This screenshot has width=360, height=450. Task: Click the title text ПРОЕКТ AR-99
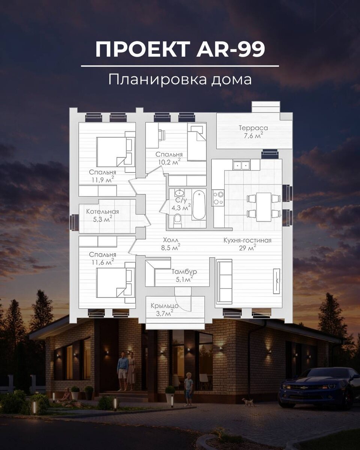tap(180, 49)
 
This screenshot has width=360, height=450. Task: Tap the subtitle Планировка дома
tap(180, 79)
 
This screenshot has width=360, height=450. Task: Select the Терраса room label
tap(253, 128)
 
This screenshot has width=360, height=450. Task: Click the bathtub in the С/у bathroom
tap(199, 205)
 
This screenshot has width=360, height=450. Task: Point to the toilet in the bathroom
tap(178, 220)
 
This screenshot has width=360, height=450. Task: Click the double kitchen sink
tap(241, 166)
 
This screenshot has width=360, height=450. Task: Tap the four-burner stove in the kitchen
tap(218, 198)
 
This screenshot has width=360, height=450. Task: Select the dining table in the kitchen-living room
tap(264, 207)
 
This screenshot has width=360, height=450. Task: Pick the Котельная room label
tap(102, 211)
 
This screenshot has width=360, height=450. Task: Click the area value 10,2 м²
tap(168, 162)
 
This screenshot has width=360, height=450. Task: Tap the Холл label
tap(171, 240)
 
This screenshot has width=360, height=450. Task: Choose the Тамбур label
tap(184, 271)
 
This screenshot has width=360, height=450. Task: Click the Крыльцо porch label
tap(165, 306)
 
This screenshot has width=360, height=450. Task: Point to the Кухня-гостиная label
tap(247, 240)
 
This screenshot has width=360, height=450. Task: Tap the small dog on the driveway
tap(248, 402)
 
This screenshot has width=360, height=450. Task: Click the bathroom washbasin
tap(179, 192)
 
